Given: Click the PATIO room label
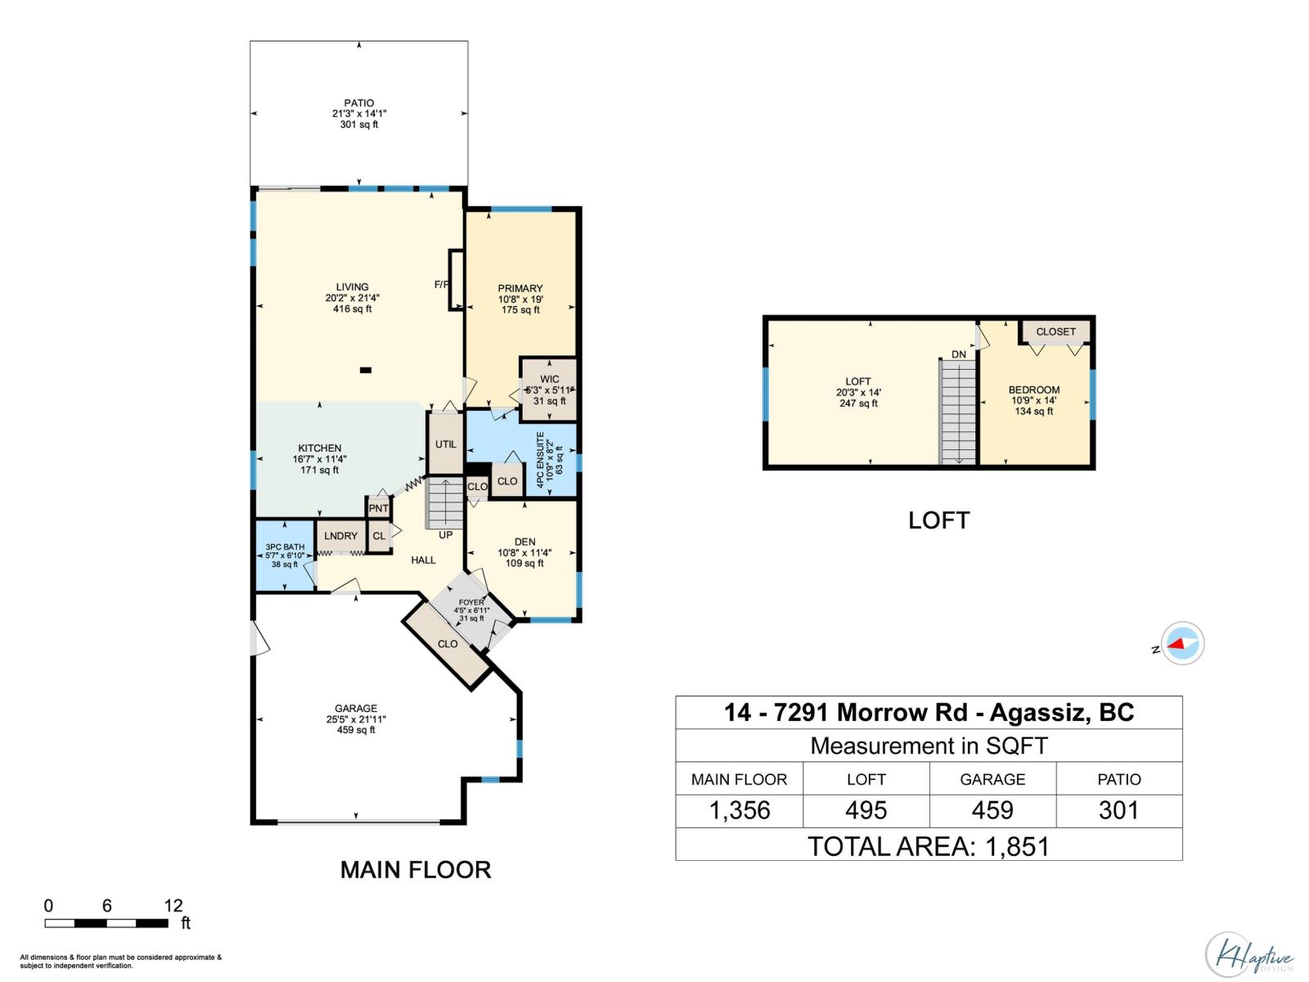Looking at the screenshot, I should point(359,104).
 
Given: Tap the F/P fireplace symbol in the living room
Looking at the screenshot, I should point(456,281).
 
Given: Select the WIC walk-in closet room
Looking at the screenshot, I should point(549,390).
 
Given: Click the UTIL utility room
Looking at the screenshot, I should point(446,444).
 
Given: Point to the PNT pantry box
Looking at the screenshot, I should point(378,508).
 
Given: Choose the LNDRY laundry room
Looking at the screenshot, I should point(340,536).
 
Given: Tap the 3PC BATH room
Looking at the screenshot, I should point(285,555).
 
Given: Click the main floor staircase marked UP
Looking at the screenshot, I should point(445,503).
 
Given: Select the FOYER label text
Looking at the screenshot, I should point(471,602).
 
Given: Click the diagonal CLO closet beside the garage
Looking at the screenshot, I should point(448,644).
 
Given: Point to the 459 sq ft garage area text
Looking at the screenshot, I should point(356,730).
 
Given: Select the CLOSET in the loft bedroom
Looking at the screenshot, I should point(1055,331).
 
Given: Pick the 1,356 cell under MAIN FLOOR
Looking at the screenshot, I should point(739,810).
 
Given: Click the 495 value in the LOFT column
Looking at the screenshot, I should point(866,810).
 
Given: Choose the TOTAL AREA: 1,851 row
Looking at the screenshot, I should point(929,845).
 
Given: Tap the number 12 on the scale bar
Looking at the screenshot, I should point(173,905).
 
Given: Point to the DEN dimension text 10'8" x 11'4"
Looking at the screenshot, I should point(524,552).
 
